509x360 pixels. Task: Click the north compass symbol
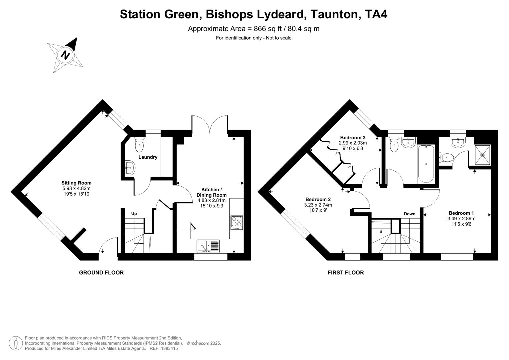[66, 55]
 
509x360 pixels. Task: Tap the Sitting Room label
[76, 183]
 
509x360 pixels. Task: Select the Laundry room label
[148, 157]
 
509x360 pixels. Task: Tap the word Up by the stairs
[134, 214]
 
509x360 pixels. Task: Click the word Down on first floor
[410, 214]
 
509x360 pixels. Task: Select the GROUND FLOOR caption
[101, 273]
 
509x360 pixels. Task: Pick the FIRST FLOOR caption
[346, 273]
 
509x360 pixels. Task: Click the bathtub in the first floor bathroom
[426, 164]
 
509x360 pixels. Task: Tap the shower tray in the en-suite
[482, 155]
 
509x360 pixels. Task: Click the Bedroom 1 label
[461, 213]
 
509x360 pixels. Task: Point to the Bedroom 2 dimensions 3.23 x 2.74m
[318, 205]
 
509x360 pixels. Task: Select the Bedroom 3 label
[353, 137]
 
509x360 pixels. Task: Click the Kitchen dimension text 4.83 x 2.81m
[211, 200]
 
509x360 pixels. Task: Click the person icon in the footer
[16, 343]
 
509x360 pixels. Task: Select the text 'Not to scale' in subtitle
[279, 38]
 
